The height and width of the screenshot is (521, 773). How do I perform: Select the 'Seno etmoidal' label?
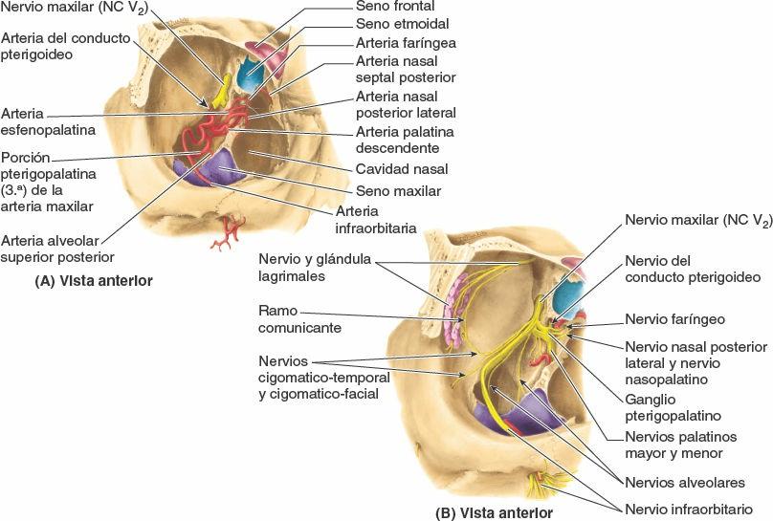point(402,25)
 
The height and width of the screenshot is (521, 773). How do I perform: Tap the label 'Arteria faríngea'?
point(406,43)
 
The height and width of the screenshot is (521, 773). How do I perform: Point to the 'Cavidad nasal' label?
point(402,169)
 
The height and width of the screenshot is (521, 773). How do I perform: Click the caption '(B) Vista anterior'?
point(494,511)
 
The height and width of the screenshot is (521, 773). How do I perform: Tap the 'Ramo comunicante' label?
point(300,319)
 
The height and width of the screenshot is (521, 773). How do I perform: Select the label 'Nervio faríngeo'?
point(674,319)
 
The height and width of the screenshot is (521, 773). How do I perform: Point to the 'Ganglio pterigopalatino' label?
point(672,407)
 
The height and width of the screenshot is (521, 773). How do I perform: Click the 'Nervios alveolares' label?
point(684,483)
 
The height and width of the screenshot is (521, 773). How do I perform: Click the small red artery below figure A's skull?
point(228,233)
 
